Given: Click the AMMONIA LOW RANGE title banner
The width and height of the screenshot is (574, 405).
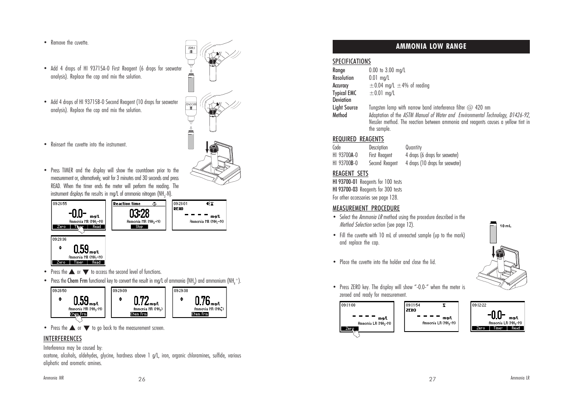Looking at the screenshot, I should tap(431, 47).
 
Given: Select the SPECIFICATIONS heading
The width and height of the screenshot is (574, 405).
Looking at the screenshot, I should tap(351, 62).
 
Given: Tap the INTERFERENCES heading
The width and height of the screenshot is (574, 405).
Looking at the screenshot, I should tap(62, 339).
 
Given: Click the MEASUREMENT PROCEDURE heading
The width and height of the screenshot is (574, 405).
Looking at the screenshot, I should tap(366, 208).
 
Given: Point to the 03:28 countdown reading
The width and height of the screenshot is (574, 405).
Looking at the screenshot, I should tap(139, 214).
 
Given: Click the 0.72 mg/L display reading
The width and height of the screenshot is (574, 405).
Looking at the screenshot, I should tap(141, 301).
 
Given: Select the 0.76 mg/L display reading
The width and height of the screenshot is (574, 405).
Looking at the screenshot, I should tap(202, 301).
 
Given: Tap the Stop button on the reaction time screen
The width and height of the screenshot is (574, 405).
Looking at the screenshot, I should tap(139, 227).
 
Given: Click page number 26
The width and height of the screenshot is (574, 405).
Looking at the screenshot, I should tap(141, 380).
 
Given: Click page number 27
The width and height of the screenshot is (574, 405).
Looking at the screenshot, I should tap(432, 380).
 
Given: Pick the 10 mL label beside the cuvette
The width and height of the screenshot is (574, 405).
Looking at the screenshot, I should tap(505, 226).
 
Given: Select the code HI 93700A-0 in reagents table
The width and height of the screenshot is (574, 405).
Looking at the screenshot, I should tap(345, 155).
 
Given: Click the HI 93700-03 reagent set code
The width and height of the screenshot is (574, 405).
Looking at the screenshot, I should tap(345, 190).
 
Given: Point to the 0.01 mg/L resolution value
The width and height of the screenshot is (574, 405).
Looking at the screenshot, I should tap(379, 78).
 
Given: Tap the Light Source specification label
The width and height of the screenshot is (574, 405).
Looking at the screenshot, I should tap(345, 108).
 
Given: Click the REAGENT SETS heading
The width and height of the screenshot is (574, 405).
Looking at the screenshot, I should tap(350, 174).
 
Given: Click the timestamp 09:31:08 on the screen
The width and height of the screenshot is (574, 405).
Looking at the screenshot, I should tap(348, 305).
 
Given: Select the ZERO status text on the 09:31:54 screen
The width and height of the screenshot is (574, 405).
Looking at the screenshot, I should tap(411, 310).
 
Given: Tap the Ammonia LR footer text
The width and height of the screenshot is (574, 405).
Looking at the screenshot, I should tap(520, 378).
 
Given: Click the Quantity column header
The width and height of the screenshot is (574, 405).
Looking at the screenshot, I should tap(413, 148).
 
